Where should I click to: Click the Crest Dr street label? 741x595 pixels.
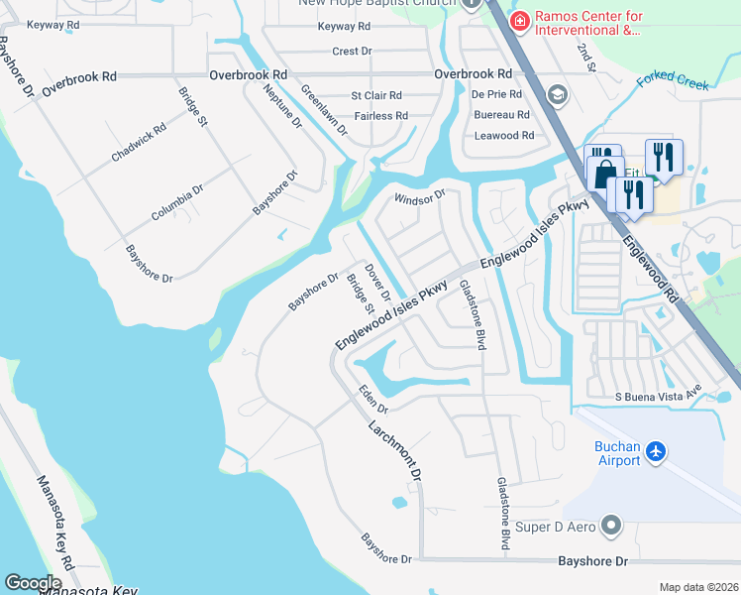[352, 51]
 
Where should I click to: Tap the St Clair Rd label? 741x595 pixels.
[376, 96]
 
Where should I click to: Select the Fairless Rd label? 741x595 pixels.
[380, 116]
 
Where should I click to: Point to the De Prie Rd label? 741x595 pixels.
[496, 95]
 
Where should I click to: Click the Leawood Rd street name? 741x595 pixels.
[503, 136]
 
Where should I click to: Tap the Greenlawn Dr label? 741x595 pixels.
[325, 109]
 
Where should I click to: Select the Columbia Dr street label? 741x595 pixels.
[177, 201]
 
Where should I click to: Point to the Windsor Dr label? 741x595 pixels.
[420, 198]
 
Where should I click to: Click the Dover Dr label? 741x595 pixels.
[377, 281]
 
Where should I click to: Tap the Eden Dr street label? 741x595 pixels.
[372, 399]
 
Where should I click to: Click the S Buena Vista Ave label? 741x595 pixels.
[658, 397]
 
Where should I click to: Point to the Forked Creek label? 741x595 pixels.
[673, 80]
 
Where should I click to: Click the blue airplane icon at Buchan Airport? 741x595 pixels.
[655, 452]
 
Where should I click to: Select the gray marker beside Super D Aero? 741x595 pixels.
[611, 525]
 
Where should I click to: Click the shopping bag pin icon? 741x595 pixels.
[603, 174]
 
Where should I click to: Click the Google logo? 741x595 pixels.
[33, 582]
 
